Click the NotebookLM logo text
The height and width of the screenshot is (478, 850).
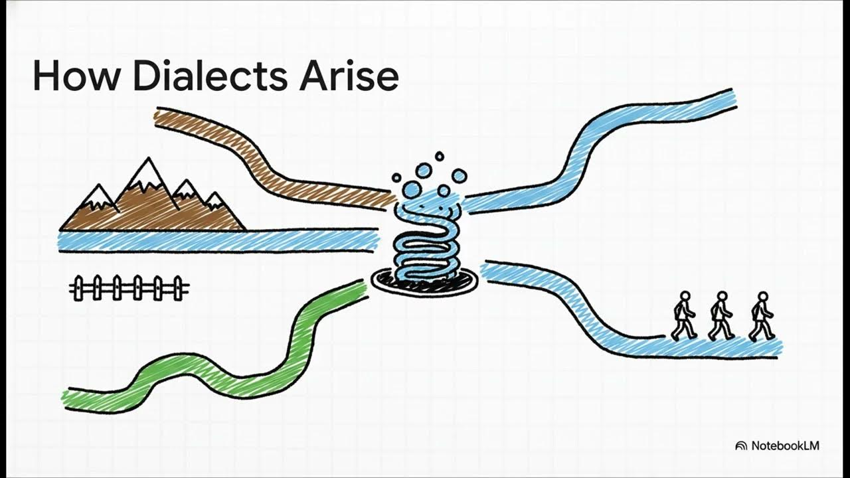785,445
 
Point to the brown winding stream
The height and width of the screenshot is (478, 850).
266,159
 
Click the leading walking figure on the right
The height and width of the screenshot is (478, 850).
762,317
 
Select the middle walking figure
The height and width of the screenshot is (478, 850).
721,317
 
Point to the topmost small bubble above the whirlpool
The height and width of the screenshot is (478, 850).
440,157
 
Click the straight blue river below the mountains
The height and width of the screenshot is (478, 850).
219,240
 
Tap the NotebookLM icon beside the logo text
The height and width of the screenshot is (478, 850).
741,446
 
